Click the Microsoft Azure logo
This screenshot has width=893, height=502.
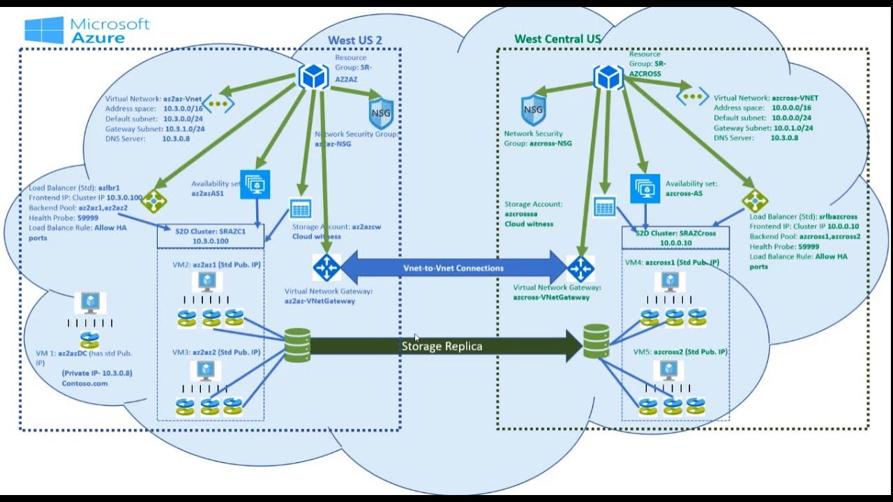click(87, 30)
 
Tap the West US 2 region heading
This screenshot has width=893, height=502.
click(355, 40)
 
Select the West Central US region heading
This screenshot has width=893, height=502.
click(557, 39)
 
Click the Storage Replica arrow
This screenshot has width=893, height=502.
click(442, 346)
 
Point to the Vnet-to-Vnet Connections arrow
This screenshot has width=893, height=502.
click(453, 268)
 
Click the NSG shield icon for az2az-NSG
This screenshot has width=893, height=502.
click(381, 113)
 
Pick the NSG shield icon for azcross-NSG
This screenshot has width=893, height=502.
click(533, 110)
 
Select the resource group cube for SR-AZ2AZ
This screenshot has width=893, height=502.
click(313, 76)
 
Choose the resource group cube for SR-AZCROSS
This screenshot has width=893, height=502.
click(608, 77)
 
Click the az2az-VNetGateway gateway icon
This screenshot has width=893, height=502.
click(327, 268)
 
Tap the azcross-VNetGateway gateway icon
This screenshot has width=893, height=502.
click(580, 267)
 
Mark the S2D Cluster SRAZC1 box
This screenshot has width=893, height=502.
click(211, 236)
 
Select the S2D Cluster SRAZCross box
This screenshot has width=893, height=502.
click(675, 238)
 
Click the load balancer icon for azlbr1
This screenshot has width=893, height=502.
click(153, 201)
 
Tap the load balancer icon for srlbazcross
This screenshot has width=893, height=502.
click(755, 201)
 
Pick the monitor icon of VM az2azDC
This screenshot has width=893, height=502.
click(90, 303)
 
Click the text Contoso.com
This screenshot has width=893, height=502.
click(85, 383)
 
